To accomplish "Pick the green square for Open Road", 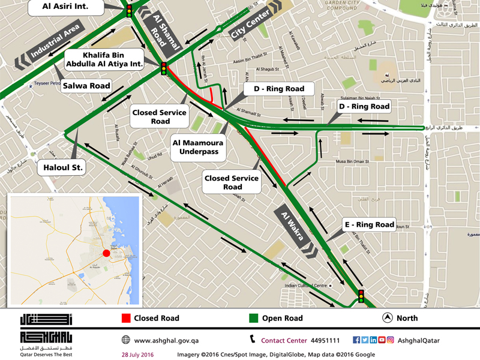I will click(x=254, y=318).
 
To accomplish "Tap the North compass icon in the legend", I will click(x=388, y=318).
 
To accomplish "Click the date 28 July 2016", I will click(x=137, y=355).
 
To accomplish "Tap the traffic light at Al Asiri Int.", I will click(x=129, y=10).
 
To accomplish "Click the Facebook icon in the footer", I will click(x=356, y=340).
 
